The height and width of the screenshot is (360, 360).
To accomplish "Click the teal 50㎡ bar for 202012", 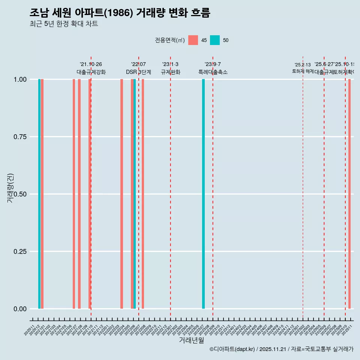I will [39, 194].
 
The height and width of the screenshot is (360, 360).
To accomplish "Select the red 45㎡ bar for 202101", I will [42, 194].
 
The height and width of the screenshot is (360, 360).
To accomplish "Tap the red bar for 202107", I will [74, 194].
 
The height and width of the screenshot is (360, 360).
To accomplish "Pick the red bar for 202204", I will [122, 194].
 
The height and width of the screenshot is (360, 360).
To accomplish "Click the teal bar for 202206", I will [135, 194].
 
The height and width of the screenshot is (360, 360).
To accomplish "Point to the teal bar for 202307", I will [204, 194].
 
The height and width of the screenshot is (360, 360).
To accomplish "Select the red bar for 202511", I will [349, 194].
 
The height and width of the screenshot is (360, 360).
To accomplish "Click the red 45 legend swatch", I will [193, 40].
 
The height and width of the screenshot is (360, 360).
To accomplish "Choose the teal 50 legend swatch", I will [215, 40].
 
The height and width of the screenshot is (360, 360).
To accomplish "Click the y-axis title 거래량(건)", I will [10, 188].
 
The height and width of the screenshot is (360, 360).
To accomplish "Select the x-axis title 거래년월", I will [192, 340].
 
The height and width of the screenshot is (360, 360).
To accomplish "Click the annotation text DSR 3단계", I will [138, 72].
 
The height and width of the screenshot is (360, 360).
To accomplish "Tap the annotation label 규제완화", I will [171, 72].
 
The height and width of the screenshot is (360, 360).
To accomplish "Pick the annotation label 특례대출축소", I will [213, 72].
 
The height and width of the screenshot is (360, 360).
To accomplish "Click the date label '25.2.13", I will [303, 65].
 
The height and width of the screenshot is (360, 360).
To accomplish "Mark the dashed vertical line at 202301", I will [171, 187].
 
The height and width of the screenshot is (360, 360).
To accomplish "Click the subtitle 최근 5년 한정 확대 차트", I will [64, 24].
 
